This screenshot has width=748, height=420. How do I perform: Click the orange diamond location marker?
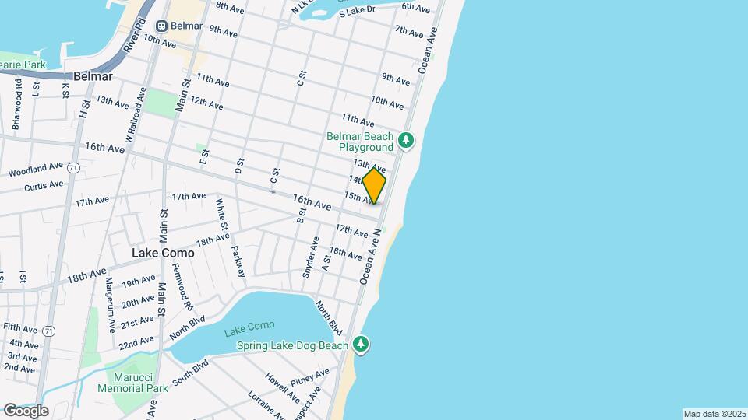[x=374, y=186]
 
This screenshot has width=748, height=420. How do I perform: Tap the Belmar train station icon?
[x=162, y=26]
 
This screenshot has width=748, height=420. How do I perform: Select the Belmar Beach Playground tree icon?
[x=405, y=141]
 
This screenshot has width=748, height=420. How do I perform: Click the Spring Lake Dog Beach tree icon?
[x=360, y=343]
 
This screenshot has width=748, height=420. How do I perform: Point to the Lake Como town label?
[x=163, y=253]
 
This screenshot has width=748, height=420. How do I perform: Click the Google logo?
[x=25, y=410]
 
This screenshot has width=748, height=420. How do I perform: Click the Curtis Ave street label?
[x=44, y=185]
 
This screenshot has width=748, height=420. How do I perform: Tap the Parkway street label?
[x=239, y=261]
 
